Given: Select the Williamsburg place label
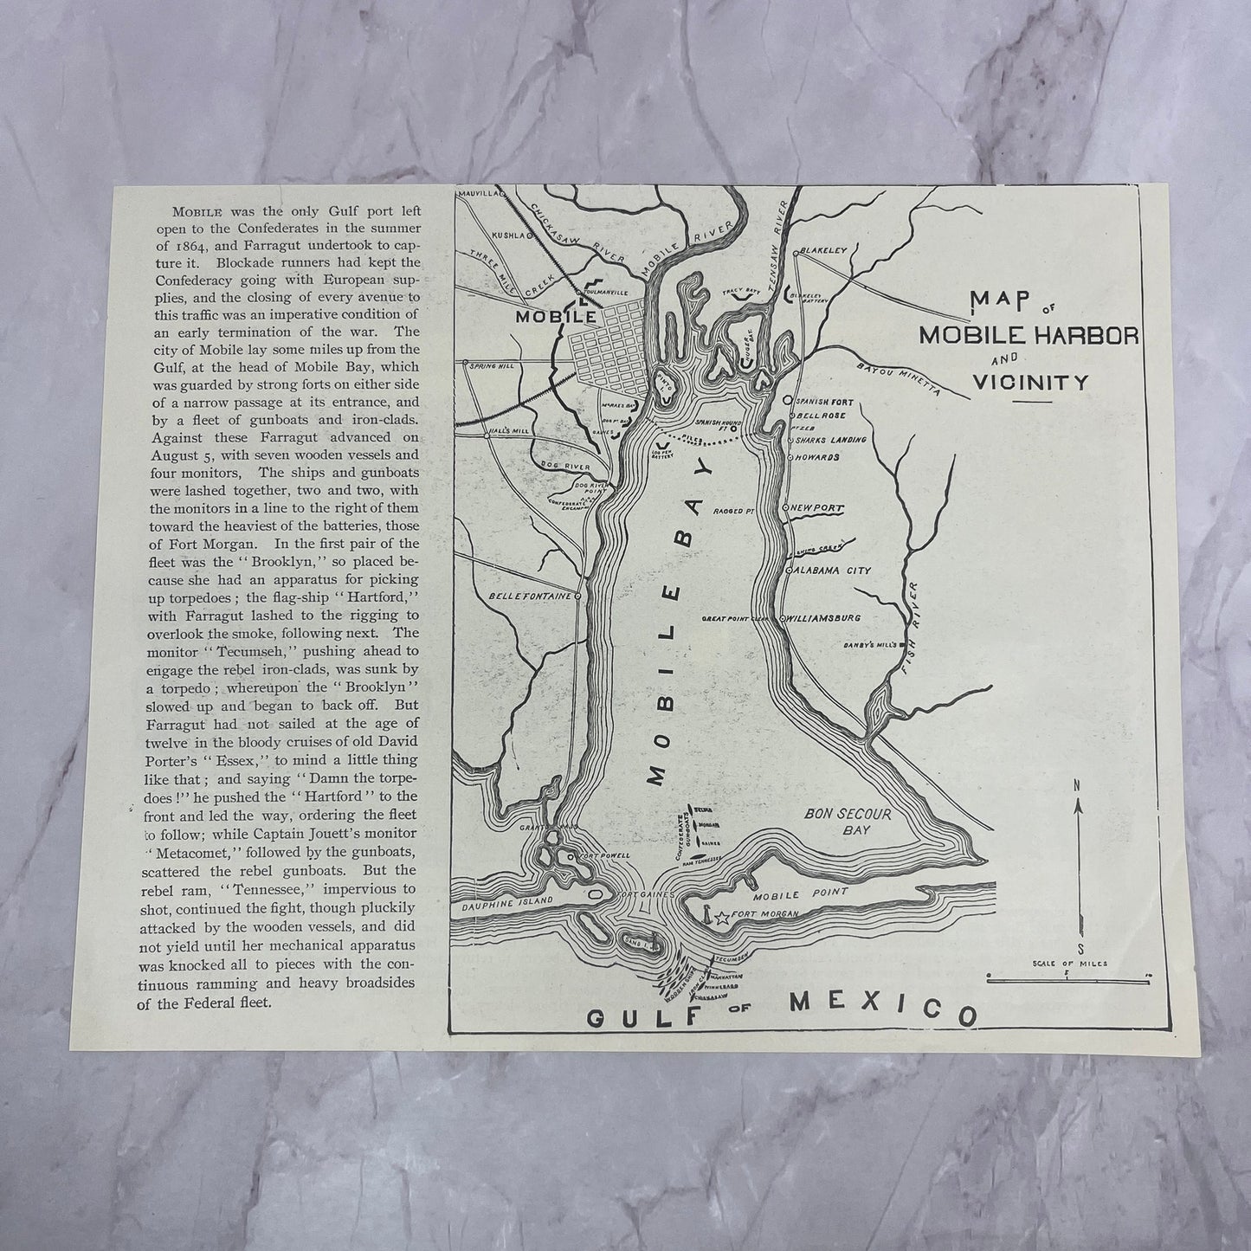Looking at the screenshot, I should [822, 618].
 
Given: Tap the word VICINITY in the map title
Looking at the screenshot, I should [1031, 381].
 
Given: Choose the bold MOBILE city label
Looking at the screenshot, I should [556, 317].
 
